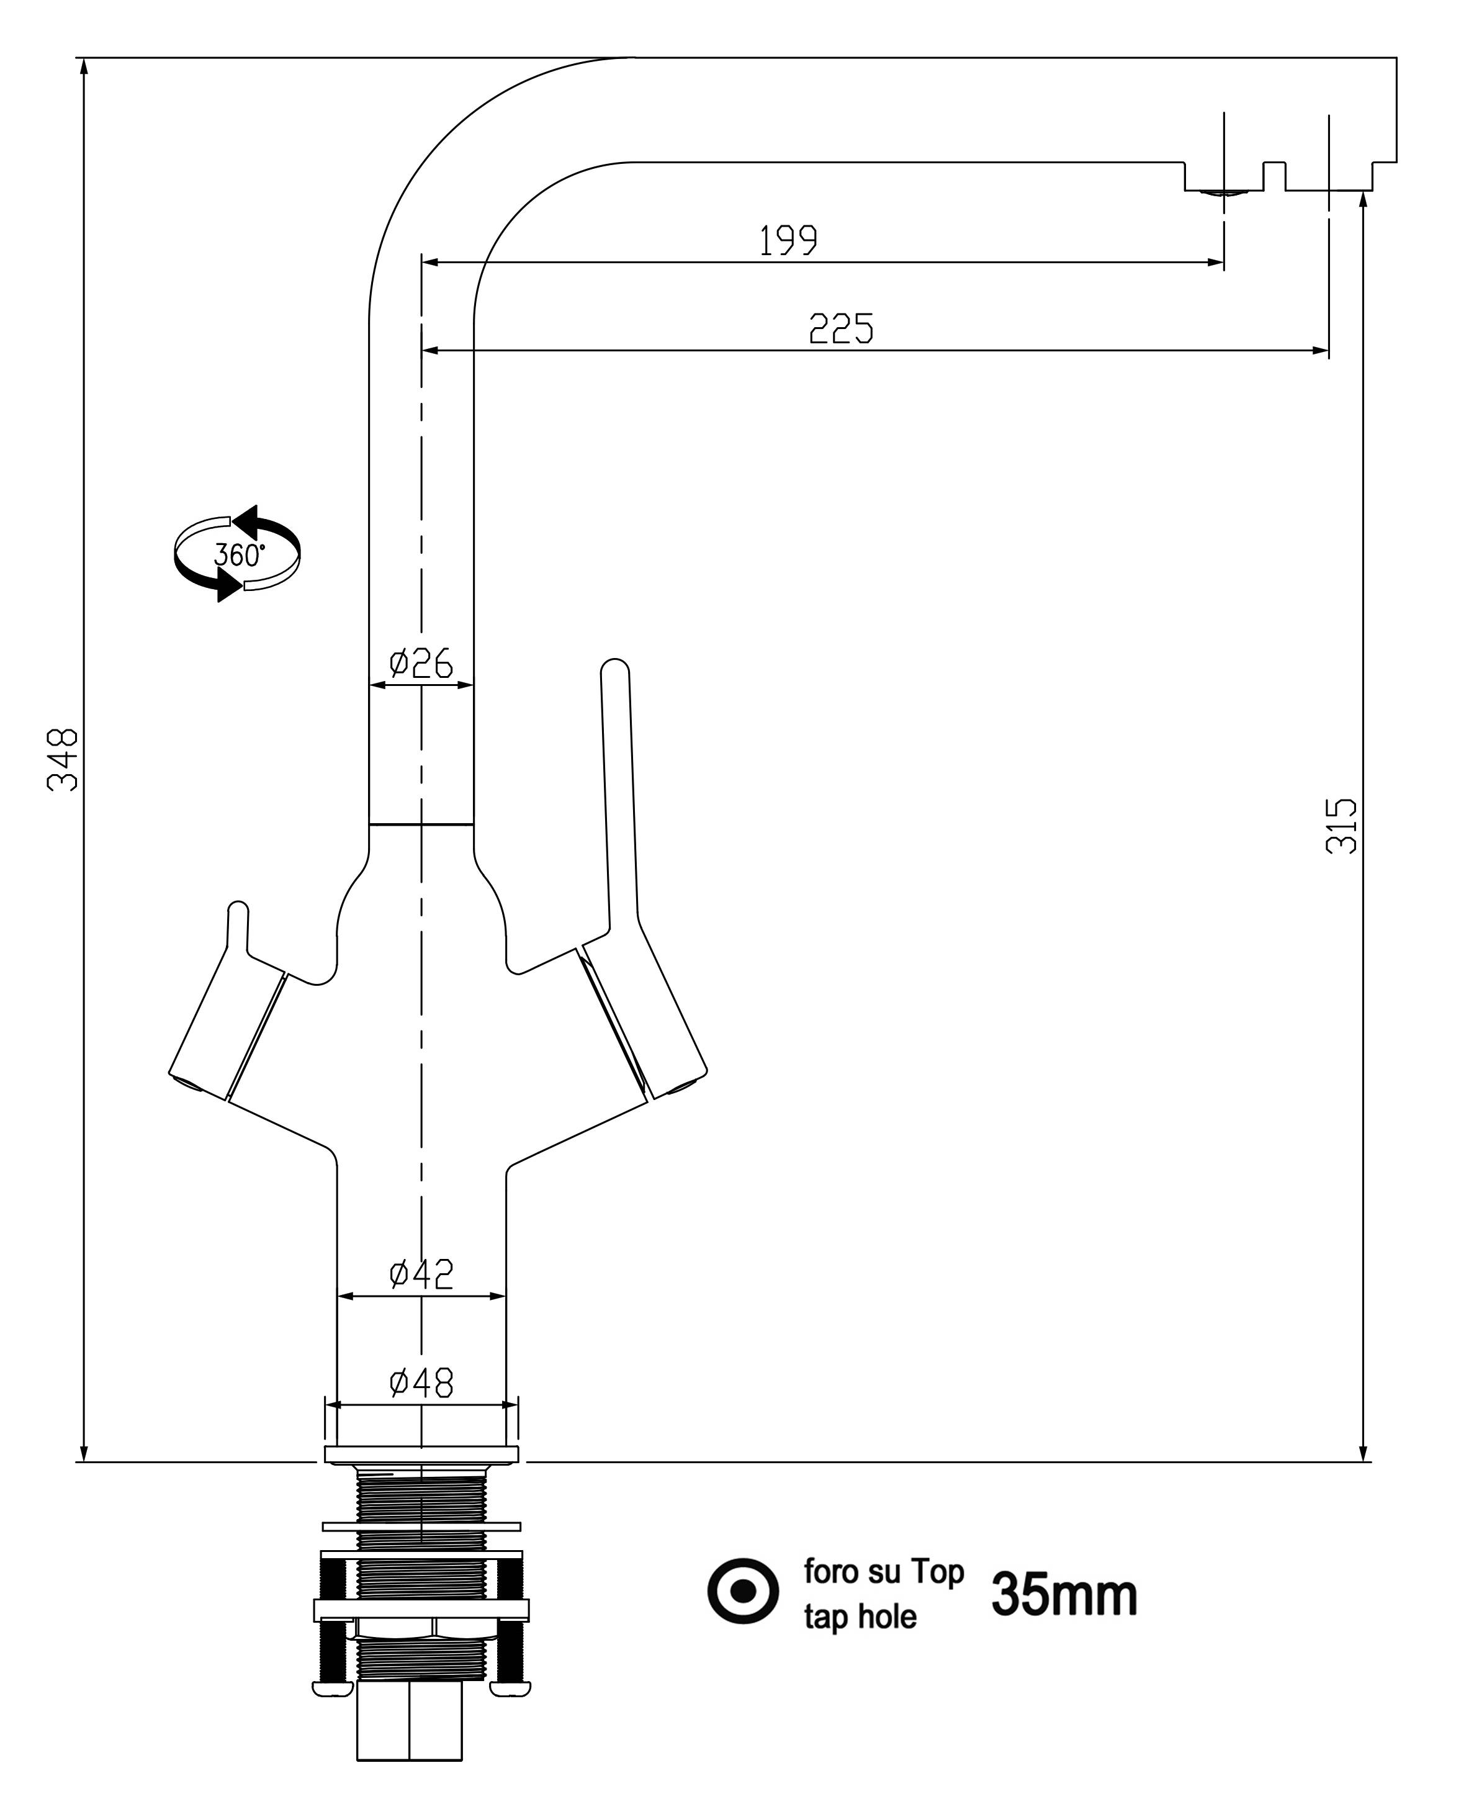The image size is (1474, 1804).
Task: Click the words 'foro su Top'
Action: pyautogui.click(x=884, y=1571)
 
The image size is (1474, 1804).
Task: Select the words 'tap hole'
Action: pyautogui.click(x=860, y=1617)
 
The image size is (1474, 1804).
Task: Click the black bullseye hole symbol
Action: pyautogui.click(x=743, y=1591)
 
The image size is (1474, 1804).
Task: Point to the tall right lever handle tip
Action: pyautogui.click(x=614, y=671)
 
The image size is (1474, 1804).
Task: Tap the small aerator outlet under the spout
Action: pyautogui.click(x=1223, y=193)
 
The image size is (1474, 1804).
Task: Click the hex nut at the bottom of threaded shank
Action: pyautogui.click(x=409, y=1733)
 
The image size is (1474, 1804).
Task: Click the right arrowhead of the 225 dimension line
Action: pyautogui.click(x=1320, y=350)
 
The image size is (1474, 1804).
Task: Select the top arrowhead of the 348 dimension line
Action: pyautogui.click(x=83, y=67)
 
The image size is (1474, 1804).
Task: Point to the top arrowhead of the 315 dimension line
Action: pyautogui.click(x=1363, y=200)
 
